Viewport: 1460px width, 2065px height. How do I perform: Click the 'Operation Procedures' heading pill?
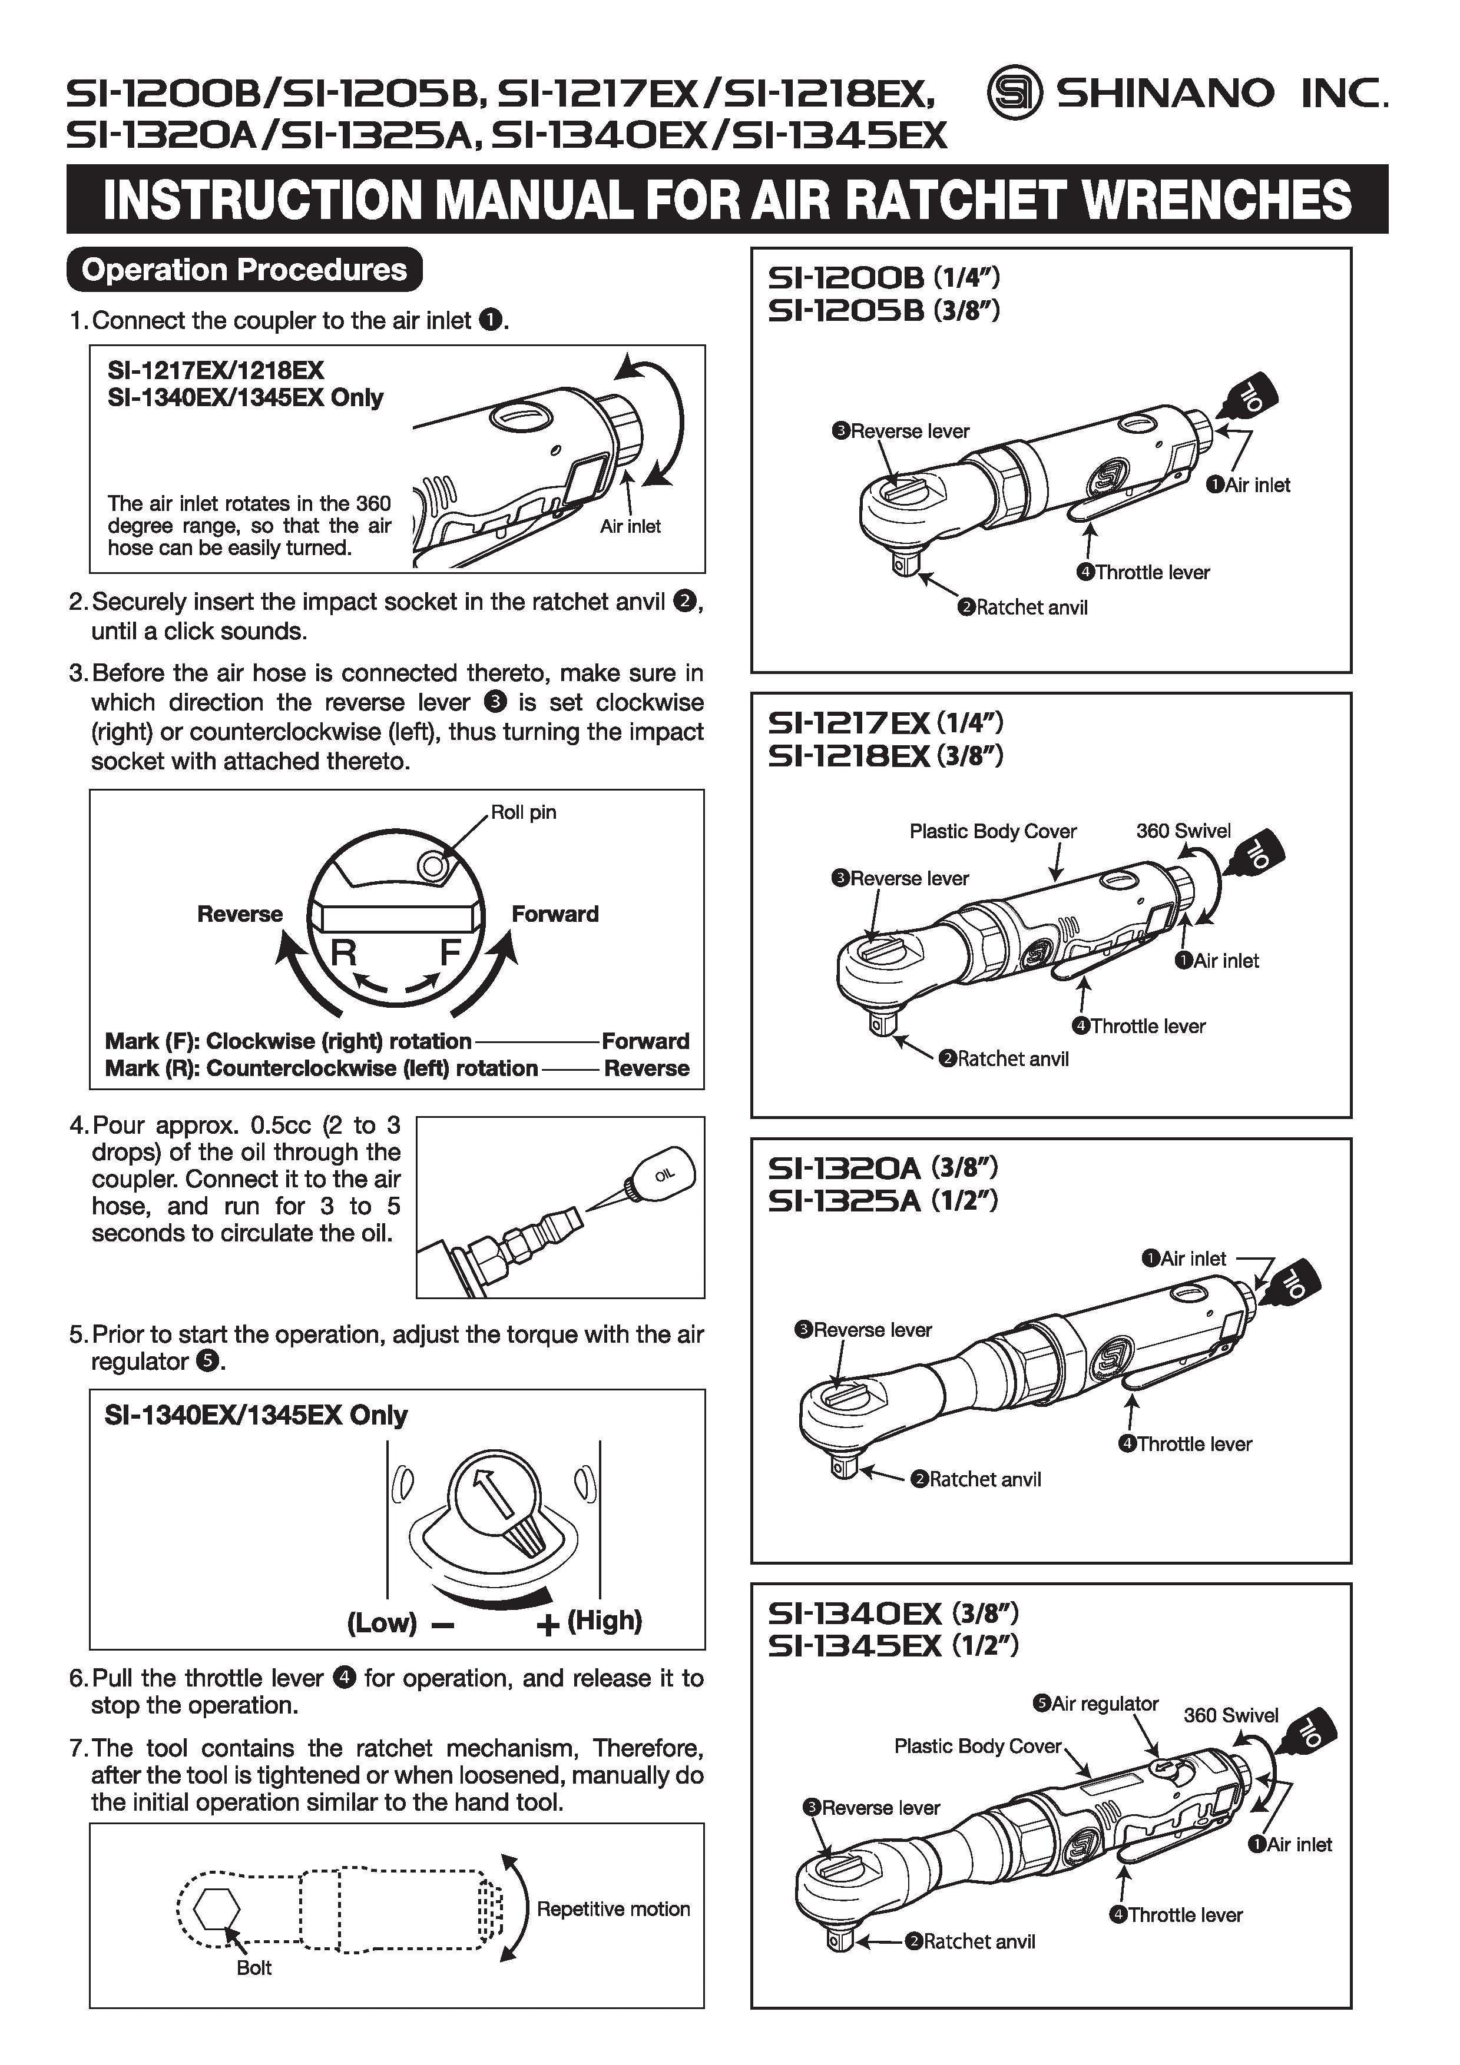coord(244,269)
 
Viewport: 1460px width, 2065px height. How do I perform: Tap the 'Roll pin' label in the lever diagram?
coord(524,812)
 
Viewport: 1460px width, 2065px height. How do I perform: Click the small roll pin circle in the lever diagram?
coord(433,865)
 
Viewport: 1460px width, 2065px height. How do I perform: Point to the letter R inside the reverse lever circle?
coord(343,951)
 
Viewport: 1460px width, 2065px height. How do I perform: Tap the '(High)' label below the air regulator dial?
coord(604,1621)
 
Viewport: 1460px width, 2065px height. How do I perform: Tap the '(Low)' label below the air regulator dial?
coord(382,1622)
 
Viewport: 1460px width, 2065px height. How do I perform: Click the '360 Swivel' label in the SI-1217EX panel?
coord(1183,830)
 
